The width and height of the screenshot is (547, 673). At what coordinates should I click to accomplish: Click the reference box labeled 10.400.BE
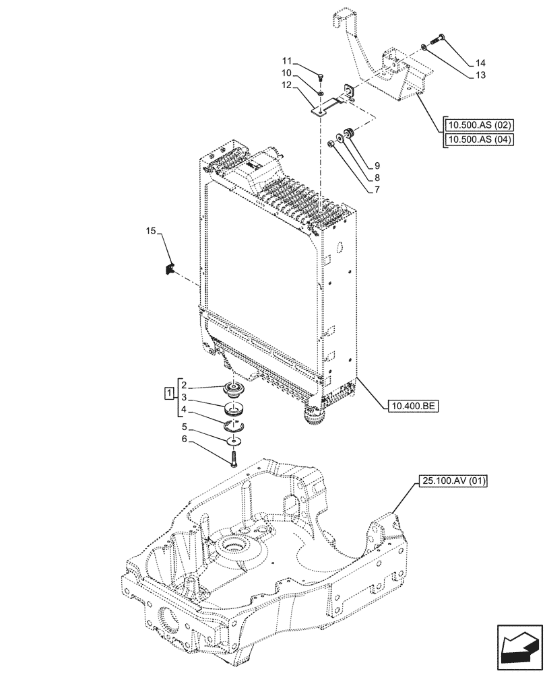(413, 406)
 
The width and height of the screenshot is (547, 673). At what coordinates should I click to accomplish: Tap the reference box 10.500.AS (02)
(479, 125)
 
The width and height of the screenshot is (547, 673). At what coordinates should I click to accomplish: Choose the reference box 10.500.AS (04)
(479, 140)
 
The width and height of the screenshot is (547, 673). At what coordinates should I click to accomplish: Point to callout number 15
(151, 232)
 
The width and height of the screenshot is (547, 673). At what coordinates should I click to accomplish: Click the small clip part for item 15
(170, 269)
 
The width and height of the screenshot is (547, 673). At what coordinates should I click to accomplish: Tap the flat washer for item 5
(233, 440)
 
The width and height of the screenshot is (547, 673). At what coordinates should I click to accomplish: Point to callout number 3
(185, 398)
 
